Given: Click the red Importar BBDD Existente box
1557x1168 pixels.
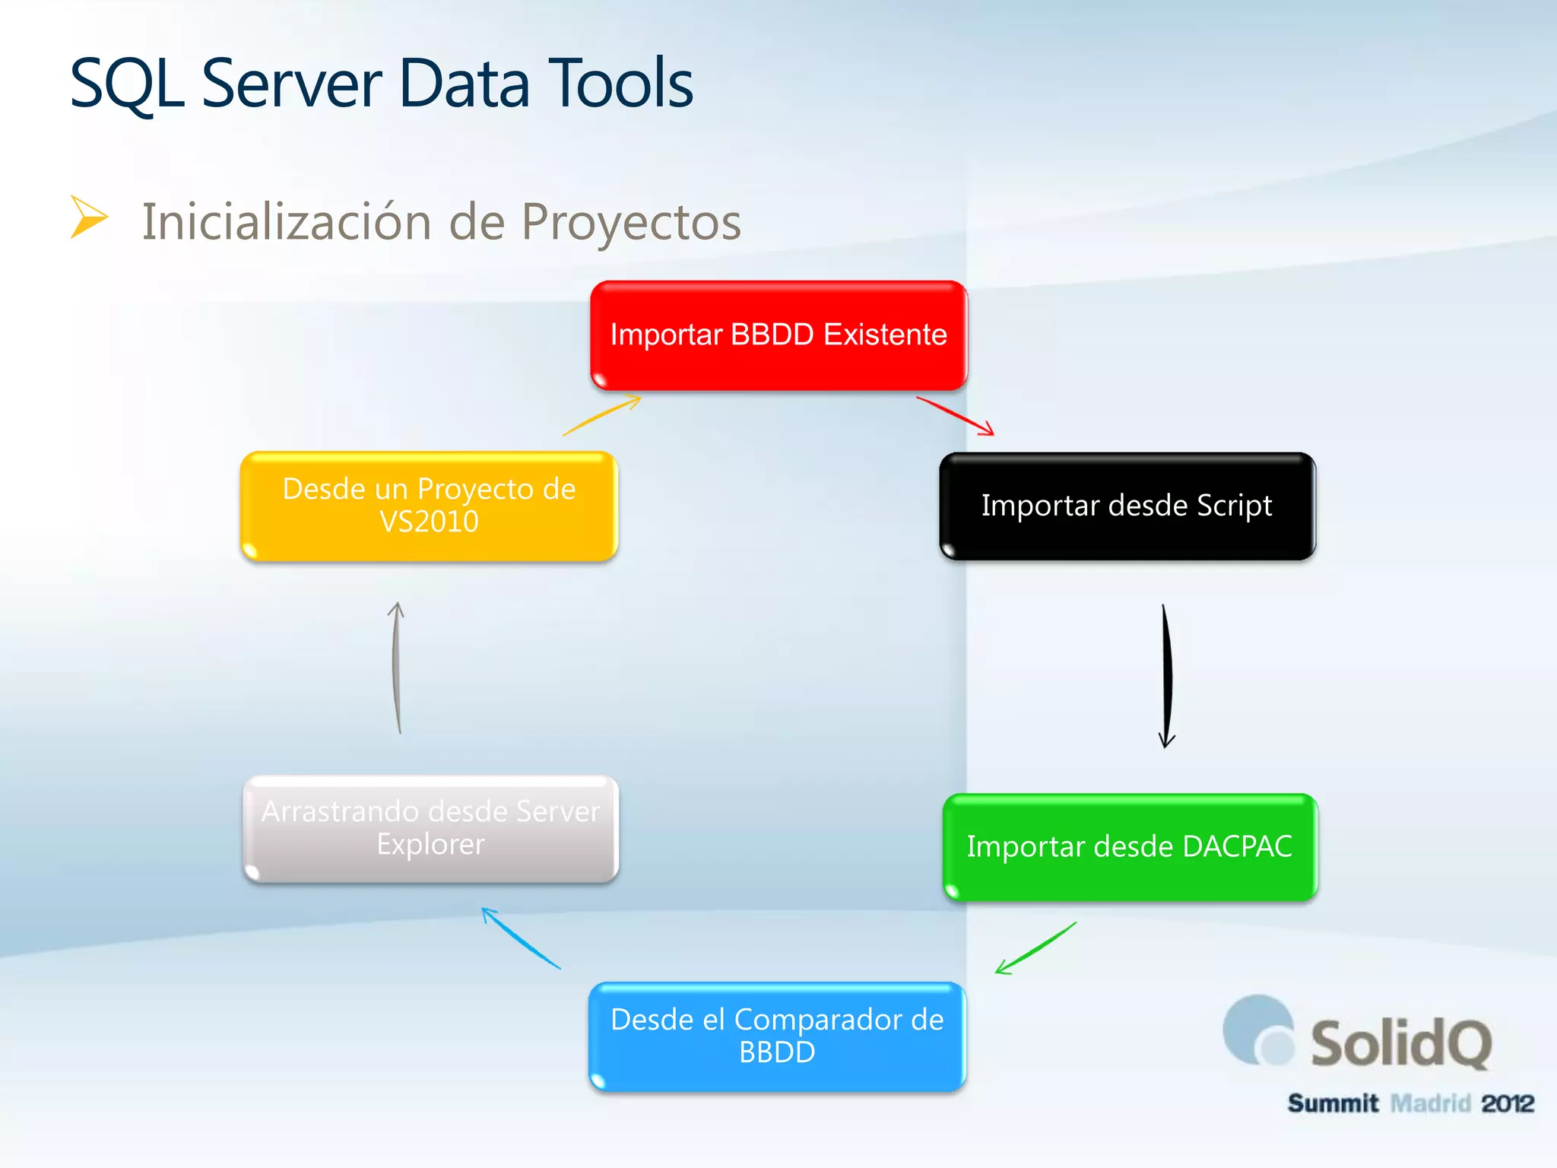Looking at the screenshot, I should tap(778, 335).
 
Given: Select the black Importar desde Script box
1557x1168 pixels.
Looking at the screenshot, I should tap(1127, 506).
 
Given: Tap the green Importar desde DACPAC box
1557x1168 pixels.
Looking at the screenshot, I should tap(1130, 847).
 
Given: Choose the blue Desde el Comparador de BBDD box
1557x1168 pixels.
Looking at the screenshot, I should tap(777, 1036).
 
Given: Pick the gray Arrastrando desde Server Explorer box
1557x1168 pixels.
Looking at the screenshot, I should tap(430, 829).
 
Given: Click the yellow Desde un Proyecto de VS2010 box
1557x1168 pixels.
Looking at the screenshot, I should tap(429, 506).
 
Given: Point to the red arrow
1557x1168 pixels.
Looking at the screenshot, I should tap(955, 415).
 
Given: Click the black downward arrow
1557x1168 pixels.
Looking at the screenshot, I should tap(1167, 677).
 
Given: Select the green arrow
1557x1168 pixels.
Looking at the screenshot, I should tap(1035, 948).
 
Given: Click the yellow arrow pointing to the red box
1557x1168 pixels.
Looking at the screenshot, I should tap(602, 415).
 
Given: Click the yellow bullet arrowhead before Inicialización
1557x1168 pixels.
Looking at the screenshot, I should tap(88, 217).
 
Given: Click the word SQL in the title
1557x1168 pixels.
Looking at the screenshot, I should tap(126, 84).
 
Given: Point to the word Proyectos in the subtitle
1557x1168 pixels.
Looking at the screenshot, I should tap(631, 223).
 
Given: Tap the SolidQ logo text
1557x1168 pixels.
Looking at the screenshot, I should tap(1401, 1043).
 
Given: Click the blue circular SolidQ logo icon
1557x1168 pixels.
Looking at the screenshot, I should tap(1257, 1030).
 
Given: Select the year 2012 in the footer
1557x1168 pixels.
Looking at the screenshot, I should tap(1507, 1103).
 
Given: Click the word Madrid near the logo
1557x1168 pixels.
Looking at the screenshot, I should tap(1430, 1103).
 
